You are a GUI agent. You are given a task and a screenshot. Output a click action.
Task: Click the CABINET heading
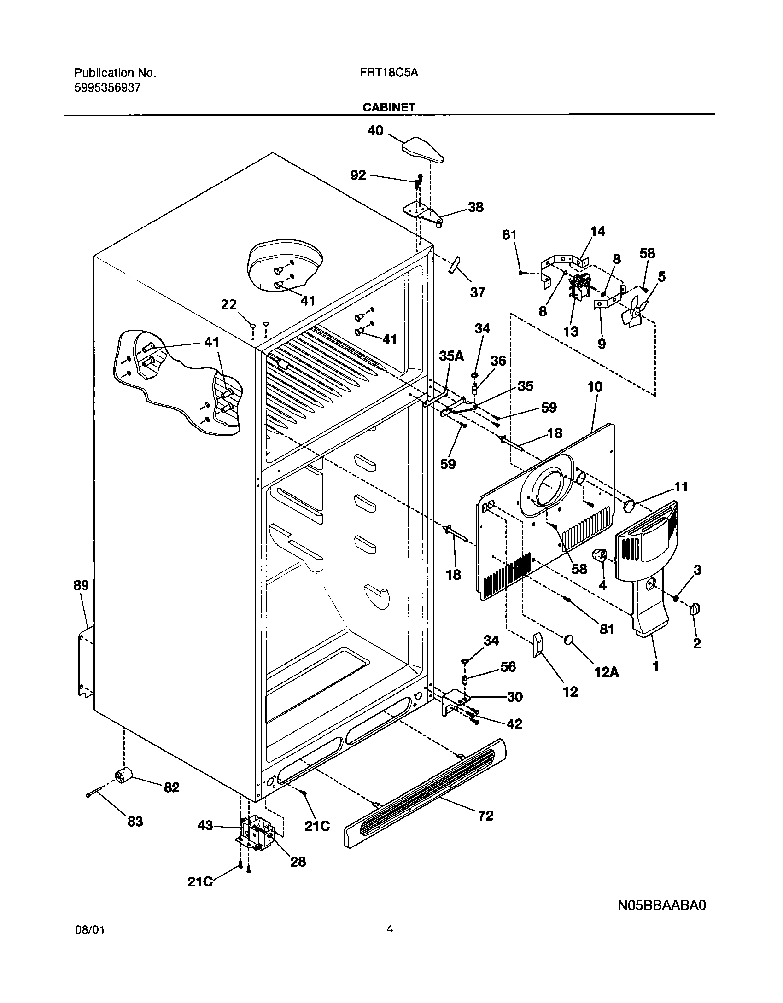[x=389, y=107]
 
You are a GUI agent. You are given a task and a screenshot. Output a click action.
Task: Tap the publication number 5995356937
[x=107, y=87]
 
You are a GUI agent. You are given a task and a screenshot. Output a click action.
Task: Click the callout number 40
[x=375, y=131]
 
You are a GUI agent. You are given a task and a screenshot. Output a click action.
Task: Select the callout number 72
[x=485, y=815]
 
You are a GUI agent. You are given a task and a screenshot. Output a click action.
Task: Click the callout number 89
[x=81, y=586]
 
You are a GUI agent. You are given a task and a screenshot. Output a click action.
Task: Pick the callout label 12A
[x=606, y=672]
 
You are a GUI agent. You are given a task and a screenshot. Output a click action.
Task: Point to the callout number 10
[x=595, y=387]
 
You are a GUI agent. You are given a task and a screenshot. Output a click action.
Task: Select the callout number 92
[x=358, y=175]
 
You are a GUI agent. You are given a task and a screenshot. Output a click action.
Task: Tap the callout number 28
[x=298, y=861]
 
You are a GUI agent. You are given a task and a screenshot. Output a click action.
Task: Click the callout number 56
[x=508, y=667]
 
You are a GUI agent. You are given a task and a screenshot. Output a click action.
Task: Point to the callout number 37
[x=478, y=292]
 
